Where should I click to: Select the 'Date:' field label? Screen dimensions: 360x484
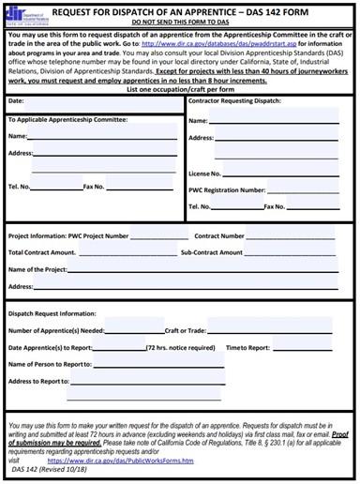point(16,99)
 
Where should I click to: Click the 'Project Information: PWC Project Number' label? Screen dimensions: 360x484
point(67,235)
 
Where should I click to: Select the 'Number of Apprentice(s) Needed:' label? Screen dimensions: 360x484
point(56,330)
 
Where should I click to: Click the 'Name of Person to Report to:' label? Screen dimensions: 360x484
point(50,364)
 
